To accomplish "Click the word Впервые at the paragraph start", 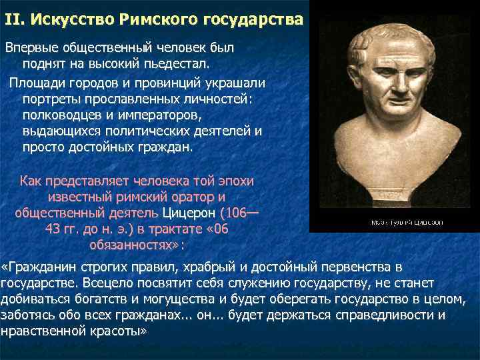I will [x=31, y=49].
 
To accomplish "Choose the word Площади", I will [x=36, y=83].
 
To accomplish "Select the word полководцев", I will [x=62, y=115].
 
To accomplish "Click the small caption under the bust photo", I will [x=407, y=222].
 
